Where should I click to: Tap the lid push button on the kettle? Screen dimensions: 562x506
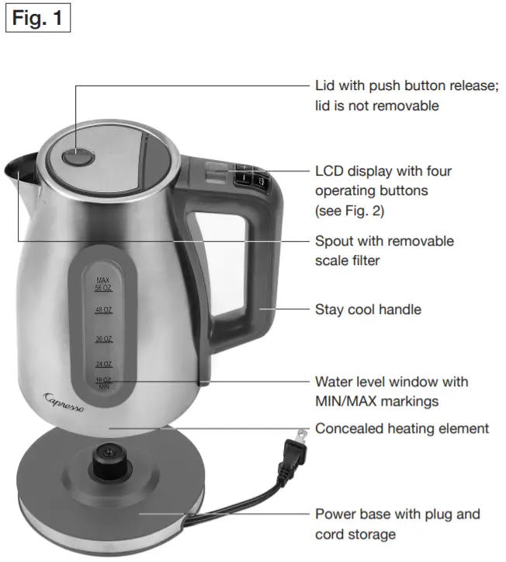(x=76, y=158)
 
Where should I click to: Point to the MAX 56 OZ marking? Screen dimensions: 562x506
(x=104, y=283)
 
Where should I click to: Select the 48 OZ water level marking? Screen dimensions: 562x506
(x=104, y=309)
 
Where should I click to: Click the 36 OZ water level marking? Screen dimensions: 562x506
(x=104, y=339)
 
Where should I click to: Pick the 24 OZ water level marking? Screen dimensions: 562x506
(x=104, y=364)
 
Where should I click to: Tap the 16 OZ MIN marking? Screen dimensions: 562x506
(x=104, y=382)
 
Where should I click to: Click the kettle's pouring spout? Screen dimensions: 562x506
(x=19, y=167)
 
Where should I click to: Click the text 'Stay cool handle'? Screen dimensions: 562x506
(x=368, y=309)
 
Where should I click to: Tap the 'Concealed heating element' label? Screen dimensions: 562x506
(x=401, y=428)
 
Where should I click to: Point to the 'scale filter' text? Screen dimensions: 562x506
(x=347, y=260)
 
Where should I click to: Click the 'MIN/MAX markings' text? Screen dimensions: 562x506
(x=376, y=401)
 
